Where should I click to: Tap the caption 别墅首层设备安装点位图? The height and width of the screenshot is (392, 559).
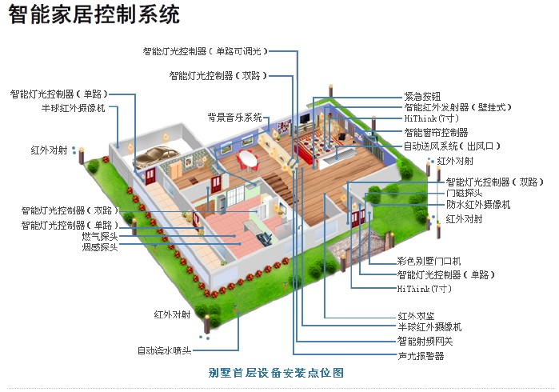276,373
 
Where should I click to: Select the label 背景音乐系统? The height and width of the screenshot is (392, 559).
235,117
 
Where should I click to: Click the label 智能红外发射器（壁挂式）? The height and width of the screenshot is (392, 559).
457,107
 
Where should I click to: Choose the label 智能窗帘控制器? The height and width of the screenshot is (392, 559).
436,133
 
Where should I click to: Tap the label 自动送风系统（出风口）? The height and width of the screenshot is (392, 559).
452,146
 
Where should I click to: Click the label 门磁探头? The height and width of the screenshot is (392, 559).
464,193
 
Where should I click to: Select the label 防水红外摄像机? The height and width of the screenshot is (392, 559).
478,205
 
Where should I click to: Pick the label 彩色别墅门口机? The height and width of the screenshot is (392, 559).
429,262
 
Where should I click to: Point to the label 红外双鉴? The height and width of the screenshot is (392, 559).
416,316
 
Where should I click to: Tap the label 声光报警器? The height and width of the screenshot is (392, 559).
421,355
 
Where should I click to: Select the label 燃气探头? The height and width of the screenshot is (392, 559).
100,237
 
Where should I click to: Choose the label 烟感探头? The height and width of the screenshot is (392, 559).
100,248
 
